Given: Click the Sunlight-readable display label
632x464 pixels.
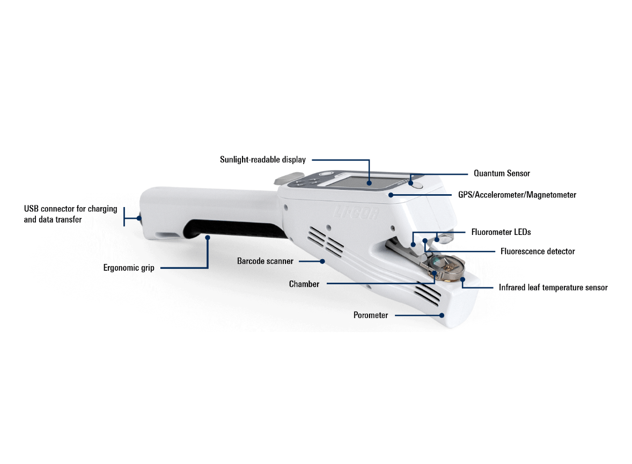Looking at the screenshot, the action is click(x=263, y=160).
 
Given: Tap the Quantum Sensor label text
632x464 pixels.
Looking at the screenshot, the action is click(x=502, y=173).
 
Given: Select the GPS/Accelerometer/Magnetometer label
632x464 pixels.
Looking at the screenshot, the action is click(x=517, y=195).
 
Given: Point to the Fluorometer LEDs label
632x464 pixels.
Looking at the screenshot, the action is click(x=501, y=232).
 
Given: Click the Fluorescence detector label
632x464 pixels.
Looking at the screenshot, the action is click(x=538, y=252).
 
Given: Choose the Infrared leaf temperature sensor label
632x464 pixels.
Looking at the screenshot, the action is click(x=553, y=288).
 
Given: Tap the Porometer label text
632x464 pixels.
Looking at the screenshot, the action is click(x=371, y=315).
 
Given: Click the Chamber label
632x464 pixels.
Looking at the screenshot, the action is click(x=304, y=284).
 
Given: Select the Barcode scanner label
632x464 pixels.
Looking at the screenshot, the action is click(x=265, y=261).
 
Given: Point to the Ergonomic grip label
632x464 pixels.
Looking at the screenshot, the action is click(x=129, y=268).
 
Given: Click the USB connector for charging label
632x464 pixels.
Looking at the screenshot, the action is click(x=70, y=209).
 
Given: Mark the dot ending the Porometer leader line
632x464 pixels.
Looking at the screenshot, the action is click(x=442, y=315).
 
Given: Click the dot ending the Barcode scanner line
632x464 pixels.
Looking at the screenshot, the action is click(x=322, y=261).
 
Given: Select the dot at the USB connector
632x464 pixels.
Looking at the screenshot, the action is click(x=138, y=218).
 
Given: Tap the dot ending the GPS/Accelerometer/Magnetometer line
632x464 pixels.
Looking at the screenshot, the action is click(x=391, y=195).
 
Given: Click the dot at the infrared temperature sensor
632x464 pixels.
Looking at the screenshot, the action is click(x=462, y=279).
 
